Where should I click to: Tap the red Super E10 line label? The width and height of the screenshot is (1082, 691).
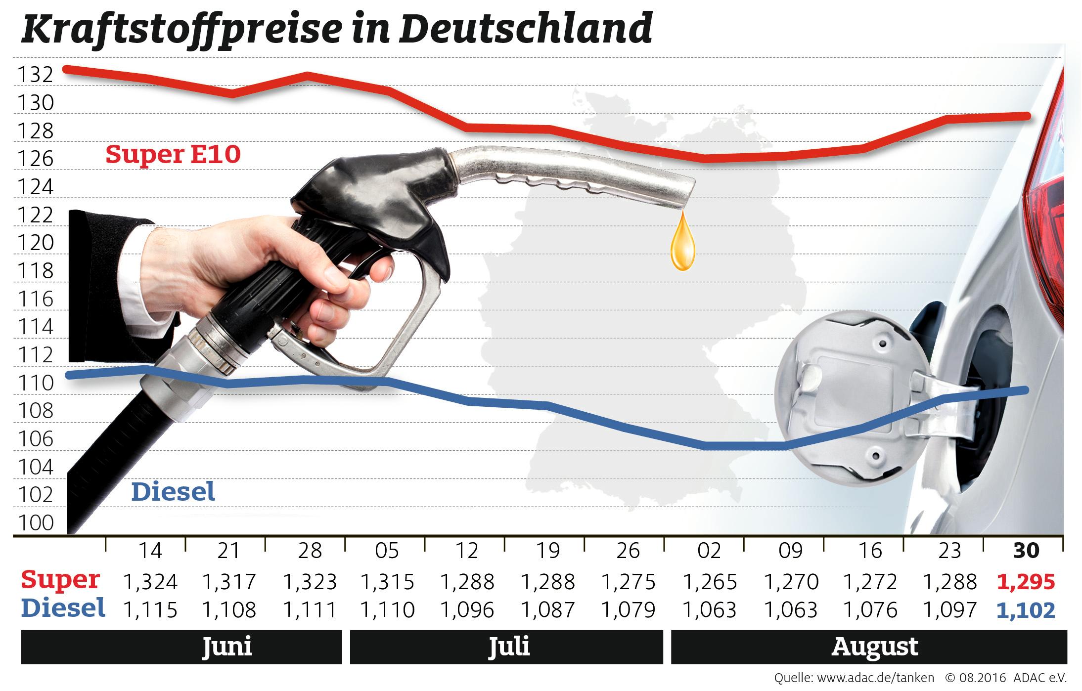click(173, 155)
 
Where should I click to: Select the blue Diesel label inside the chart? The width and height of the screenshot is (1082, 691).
click(174, 492)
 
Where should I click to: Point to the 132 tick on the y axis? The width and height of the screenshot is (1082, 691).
click(35, 75)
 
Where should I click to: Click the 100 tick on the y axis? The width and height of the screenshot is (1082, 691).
click(35, 523)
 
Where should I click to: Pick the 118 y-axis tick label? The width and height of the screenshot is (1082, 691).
click(35, 271)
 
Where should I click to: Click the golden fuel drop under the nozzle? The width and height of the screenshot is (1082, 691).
click(682, 245)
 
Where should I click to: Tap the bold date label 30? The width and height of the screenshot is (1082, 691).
click(1026, 551)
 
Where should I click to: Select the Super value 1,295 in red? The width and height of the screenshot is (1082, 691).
click(1026, 582)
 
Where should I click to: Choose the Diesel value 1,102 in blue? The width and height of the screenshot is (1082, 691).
click(1026, 611)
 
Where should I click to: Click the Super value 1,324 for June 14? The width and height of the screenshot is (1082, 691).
click(150, 582)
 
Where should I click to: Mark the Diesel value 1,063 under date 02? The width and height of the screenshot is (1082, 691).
click(709, 611)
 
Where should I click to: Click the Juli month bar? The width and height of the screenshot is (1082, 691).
click(507, 647)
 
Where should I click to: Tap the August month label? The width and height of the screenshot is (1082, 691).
click(875, 647)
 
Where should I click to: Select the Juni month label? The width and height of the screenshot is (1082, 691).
click(227, 647)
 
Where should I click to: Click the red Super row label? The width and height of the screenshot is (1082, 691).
click(60, 580)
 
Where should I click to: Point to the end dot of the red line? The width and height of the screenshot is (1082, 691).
click(1026, 116)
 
